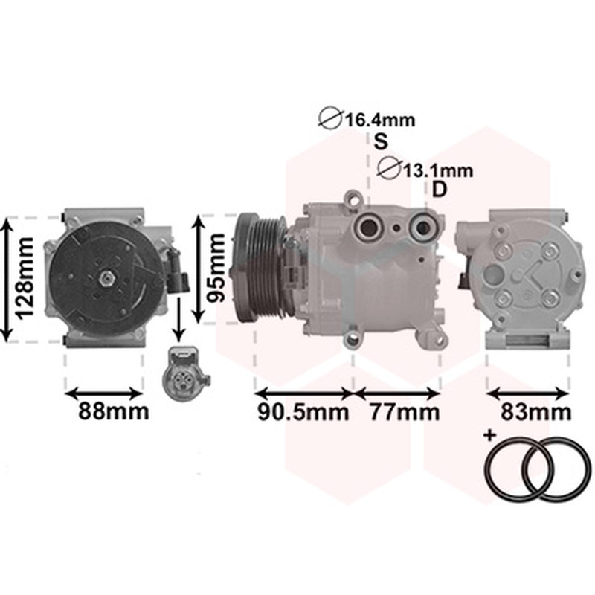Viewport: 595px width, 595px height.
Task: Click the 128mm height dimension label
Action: coord(24,278)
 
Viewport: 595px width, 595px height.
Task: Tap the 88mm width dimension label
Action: coord(114,411)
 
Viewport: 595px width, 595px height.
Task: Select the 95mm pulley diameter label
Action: coord(215,268)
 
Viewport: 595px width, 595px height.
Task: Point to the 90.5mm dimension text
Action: coord(303,412)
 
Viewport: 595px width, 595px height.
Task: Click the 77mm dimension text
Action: coord(405,412)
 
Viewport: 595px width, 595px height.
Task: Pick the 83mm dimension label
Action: coord(535,412)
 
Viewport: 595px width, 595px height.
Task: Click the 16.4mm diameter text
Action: coord(380,120)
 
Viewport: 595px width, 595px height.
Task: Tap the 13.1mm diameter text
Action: coord(437,171)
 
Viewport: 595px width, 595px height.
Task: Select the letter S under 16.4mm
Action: coord(381,141)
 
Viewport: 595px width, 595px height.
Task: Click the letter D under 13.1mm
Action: coord(440,190)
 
